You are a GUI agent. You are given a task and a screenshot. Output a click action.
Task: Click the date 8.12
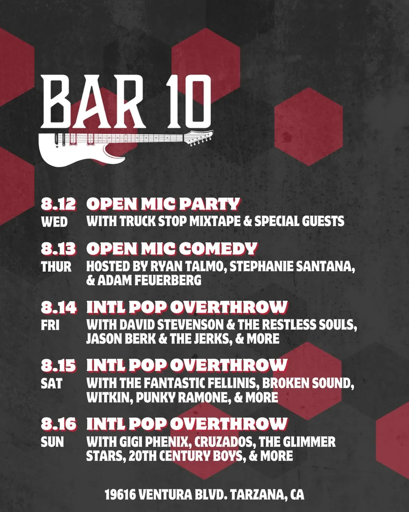58,204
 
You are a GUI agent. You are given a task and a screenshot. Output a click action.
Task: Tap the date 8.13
58,249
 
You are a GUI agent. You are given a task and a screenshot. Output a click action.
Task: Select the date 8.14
58,307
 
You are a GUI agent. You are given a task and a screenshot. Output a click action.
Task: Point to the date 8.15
58,365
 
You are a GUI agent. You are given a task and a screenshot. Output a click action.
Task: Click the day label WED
54,222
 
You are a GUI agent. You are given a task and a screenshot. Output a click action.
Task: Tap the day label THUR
56,267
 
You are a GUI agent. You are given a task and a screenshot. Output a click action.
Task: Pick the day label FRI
50,325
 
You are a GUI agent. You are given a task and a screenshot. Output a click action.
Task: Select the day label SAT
51,383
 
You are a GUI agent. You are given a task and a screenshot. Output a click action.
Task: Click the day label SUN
52,442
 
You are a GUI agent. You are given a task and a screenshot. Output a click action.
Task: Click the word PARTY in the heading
210,204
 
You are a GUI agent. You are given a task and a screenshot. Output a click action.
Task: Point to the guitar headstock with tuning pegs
199,138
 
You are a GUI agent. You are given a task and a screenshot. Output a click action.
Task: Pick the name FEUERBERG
168,280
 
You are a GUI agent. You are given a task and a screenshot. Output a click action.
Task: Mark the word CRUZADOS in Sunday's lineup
223,442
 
